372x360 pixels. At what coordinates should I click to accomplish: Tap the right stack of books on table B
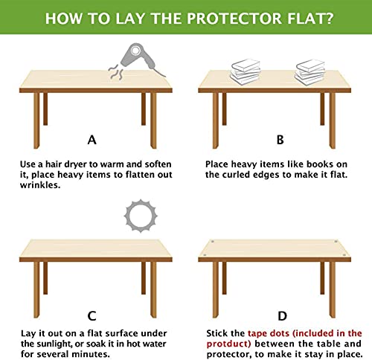tap(310, 71)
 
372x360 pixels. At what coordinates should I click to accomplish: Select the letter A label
tap(92, 139)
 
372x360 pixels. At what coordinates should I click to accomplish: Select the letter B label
tap(280, 139)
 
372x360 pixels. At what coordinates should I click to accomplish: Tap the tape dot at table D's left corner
tap(213, 242)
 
